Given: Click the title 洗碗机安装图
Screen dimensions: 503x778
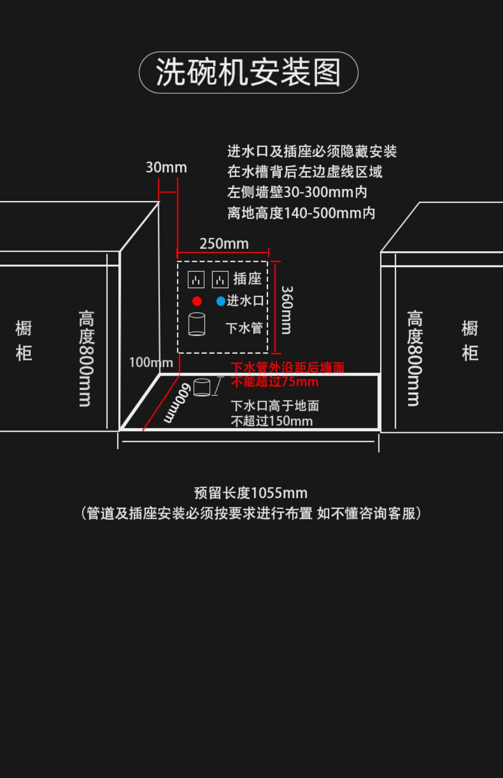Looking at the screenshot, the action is click(248, 72).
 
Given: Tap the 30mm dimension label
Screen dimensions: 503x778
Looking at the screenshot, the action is click(166, 167).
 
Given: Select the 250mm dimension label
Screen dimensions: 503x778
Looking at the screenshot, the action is click(224, 244).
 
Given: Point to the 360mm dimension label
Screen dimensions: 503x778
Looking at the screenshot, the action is click(286, 310).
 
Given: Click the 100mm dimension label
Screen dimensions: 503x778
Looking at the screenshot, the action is click(151, 362).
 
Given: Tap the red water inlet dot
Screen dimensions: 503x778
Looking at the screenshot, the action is click(197, 301).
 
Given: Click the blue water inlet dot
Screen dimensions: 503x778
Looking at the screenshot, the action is click(221, 301).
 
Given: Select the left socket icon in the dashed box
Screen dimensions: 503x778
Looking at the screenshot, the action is click(196, 280).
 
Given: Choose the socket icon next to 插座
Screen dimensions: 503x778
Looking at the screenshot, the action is click(220, 280).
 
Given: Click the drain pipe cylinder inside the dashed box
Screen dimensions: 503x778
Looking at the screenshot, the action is click(197, 324).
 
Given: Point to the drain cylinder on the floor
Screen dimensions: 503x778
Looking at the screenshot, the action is click(202, 387).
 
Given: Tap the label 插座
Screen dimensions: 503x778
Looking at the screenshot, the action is click(247, 279).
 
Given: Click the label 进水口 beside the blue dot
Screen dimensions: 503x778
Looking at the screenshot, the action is click(245, 301).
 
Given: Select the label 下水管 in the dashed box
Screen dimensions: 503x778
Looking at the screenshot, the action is click(244, 328).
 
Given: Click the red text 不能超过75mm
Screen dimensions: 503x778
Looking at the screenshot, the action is click(275, 382).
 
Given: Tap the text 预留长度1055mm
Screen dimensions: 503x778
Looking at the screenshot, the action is click(251, 493).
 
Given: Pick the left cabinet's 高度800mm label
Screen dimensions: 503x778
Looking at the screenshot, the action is click(86, 359).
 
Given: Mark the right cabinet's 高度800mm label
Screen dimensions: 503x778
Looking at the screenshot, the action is click(415, 359).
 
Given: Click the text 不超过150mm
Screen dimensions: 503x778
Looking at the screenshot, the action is click(272, 421).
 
